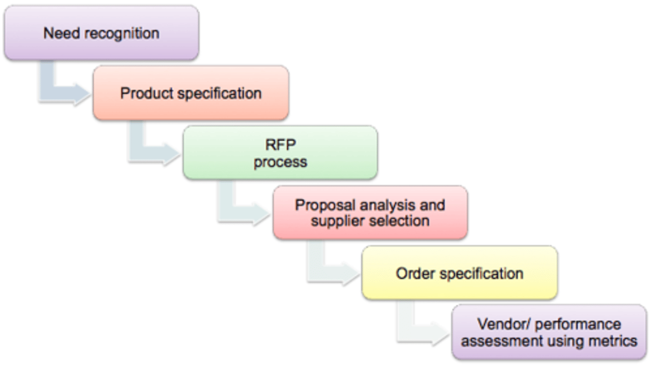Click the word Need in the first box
tap(62, 33)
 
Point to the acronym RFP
tap(281, 144)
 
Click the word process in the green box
tap(280, 163)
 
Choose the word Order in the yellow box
tap(415, 273)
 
